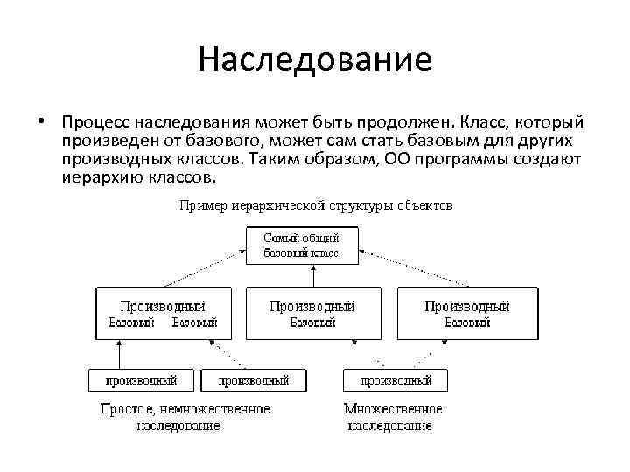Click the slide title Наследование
pyautogui.click(x=315, y=59)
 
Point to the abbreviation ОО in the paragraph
pyautogui.click(x=396, y=158)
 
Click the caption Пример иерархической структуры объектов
pyautogui.click(x=316, y=206)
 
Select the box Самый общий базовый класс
pyautogui.click(x=301, y=246)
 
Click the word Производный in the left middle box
pyautogui.click(x=162, y=306)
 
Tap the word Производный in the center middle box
pyautogui.click(x=312, y=306)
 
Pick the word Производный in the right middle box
pyautogui.click(x=466, y=306)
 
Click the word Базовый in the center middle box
pyautogui.click(x=312, y=323)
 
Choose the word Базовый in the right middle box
pyautogui.click(x=467, y=323)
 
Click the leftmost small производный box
pyautogui.click(x=142, y=380)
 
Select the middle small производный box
pyautogui.click(x=254, y=380)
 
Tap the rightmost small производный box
pyautogui.click(x=395, y=380)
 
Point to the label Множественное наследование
pyautogui.click(x=392, y=417)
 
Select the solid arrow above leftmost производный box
pyautogui.click(x=119, y=354)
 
